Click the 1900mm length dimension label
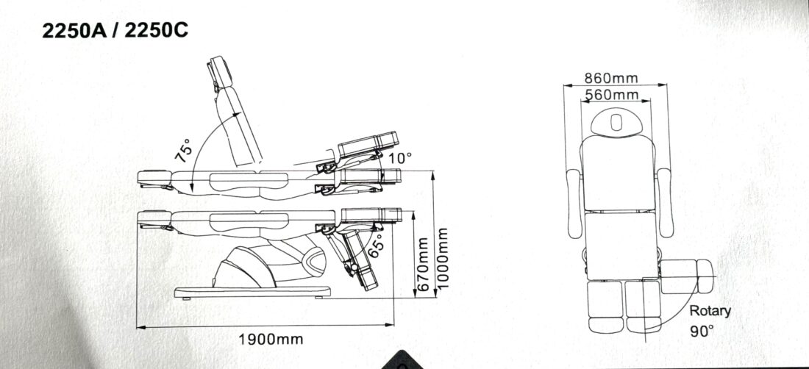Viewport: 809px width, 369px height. (271, 340)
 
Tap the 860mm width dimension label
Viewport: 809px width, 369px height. (611, 79)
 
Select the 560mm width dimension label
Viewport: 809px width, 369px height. (612, 95)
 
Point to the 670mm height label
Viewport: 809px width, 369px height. (423, 264)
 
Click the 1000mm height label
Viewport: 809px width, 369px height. (442, 259)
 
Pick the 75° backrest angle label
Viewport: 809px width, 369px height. (183, 151)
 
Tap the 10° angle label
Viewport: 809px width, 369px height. (400, 158)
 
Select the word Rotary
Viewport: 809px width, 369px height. (710, 311)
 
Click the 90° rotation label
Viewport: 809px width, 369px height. (702, 330)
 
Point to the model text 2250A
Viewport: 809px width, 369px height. (74, 31)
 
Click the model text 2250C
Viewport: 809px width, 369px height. (157, 31)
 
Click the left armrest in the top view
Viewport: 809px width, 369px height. (574, 203)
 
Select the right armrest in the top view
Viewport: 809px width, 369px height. (665, 203)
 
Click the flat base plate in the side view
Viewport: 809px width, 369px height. (252, 293)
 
